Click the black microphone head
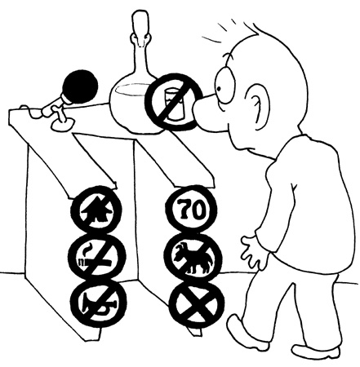coord(80,86)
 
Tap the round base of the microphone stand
coord(63,124)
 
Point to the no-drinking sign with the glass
coord(174,102)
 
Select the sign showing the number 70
coord(191,209)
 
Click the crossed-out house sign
coord(96,210)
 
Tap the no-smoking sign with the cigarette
coord(97,257)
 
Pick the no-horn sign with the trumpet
coord(98,303)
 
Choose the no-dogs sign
coord(193,258)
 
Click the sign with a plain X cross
coord(197,304)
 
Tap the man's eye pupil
coord(219,89)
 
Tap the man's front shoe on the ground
coord(316,352)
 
